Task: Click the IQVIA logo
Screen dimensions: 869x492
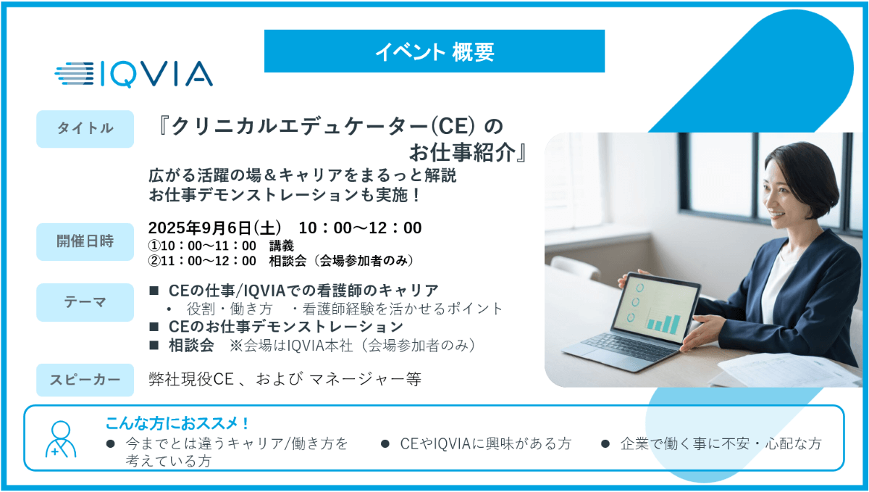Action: tap(133, 74)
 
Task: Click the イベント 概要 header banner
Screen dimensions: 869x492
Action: tap(434, 51)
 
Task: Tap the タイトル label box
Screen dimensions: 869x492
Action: tap(85, 129)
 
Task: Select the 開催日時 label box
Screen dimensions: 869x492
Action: tap(85, 241)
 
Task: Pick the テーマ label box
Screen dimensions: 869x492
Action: tap(85, 302)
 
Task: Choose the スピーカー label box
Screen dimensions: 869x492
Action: tap(85, 380)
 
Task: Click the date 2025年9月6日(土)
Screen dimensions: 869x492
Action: tap(214, 228)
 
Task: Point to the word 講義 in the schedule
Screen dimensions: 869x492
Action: tap(281, 246)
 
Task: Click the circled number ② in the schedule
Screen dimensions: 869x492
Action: tap(154, 261)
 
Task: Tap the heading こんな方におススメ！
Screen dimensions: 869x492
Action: tap(177, 423)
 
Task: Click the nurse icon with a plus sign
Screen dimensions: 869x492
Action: tap(61, 439)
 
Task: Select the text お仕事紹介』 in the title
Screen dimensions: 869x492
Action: tap(468, 152)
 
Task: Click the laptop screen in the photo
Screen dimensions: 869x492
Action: tap(655, 309)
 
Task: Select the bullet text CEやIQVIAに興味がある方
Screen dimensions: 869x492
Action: tap(485, 443)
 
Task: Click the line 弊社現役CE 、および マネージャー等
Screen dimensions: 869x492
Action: tap(285, 380)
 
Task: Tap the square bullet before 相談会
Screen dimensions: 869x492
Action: tap(154, 345)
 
